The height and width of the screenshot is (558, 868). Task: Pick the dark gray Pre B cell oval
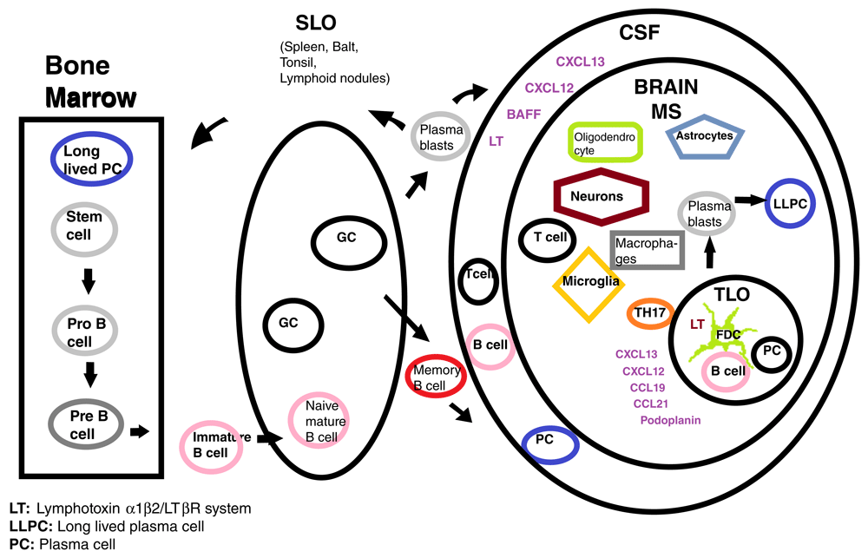(x=89, y=423)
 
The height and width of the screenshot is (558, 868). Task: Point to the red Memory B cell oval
(x=437, y=376)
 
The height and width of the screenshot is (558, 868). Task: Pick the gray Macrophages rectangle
(x=648, y=250)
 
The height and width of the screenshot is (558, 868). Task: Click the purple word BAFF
(x=523, y=113)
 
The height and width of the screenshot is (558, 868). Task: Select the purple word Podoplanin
(x=669, y=420)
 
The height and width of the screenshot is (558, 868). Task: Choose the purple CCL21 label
(x=650, y=404)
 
